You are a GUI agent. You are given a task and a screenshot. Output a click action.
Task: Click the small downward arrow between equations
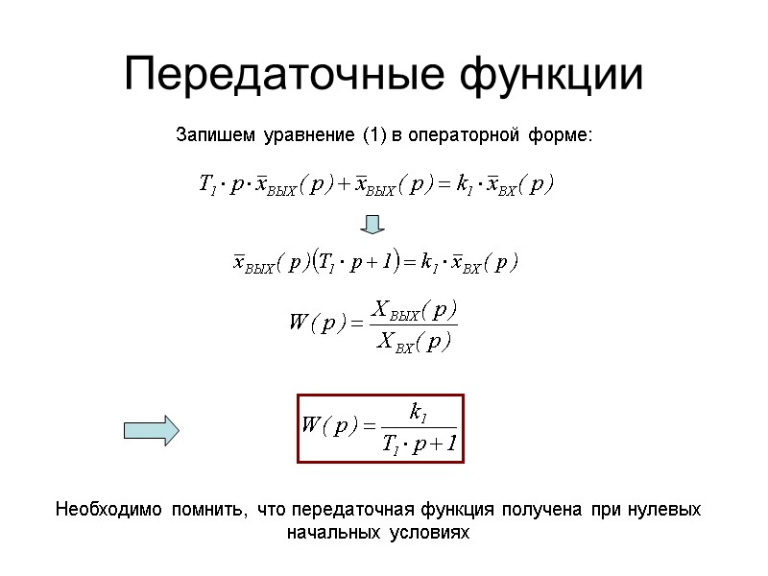tap(372, 225)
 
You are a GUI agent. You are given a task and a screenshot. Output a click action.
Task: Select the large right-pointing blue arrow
tap(153, 429)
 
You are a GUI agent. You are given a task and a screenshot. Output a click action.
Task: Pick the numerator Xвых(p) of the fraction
tap(414, 311)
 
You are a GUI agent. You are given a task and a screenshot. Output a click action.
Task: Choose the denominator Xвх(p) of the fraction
tap(412, 340)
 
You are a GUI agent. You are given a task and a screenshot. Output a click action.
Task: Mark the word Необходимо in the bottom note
tap(109, 509)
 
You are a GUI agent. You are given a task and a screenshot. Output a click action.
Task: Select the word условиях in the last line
tap(430, 532)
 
